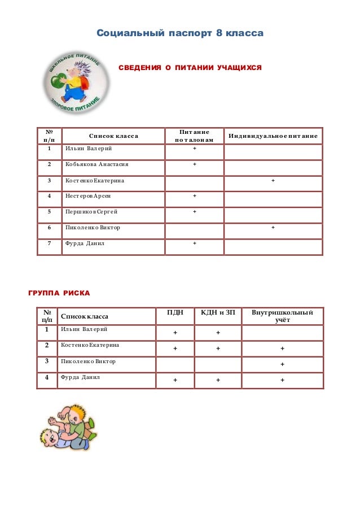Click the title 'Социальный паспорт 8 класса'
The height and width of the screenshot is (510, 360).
coord(179,33)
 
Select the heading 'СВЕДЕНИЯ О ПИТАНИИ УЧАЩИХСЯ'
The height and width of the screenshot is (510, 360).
coord(190,68)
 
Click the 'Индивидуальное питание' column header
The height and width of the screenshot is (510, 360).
coord(273,136)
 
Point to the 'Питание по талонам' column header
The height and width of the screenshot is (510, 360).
coord(194,136)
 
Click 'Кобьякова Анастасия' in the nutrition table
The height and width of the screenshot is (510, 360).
coord(97,164)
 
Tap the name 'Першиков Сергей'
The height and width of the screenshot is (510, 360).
coord(91,212)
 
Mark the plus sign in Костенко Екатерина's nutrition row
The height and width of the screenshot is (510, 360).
coord(273,181)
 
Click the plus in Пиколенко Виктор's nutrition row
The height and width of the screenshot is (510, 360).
coord(273,228)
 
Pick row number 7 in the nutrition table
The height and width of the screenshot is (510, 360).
coord(50,243)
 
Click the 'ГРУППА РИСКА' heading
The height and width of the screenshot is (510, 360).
coord(59,294)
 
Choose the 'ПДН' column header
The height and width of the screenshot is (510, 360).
coord(175,312)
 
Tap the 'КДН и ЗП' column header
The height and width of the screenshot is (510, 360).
coord(218,312)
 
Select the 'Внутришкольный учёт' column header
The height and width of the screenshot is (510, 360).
coord(282,316)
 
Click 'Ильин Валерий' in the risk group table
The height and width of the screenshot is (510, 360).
coord(84,329)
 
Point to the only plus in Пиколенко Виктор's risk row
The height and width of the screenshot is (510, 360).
coord(282,364)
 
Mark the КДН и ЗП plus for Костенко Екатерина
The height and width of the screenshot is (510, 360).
coord(218,348)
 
